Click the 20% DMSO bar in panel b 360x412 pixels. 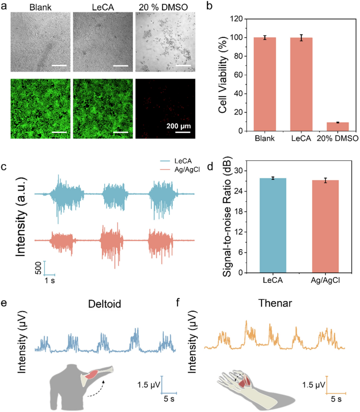click(x=327, y=127)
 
